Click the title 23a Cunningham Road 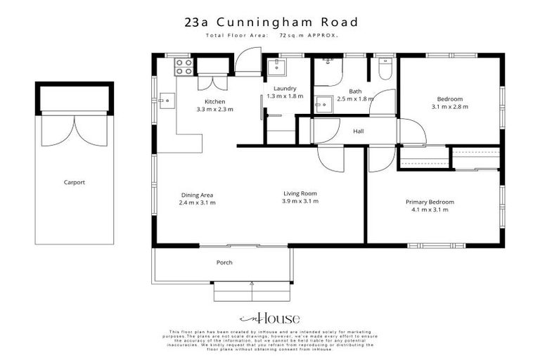(x=270, y=22)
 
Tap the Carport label (x=74, y=182)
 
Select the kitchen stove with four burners (x=184, y=66)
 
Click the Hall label (x=359, y=131)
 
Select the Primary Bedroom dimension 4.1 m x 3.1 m (x=430, y=210)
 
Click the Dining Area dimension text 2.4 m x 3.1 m (x=197, y=202)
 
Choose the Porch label (x=224, y=262)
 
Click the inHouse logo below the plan (x=269, y=317)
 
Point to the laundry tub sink (x=275, y=68)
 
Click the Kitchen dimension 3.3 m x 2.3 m (x=214, y=110)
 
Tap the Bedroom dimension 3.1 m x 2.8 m (x=450, y=107)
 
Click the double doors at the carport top (x=74, y=129)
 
